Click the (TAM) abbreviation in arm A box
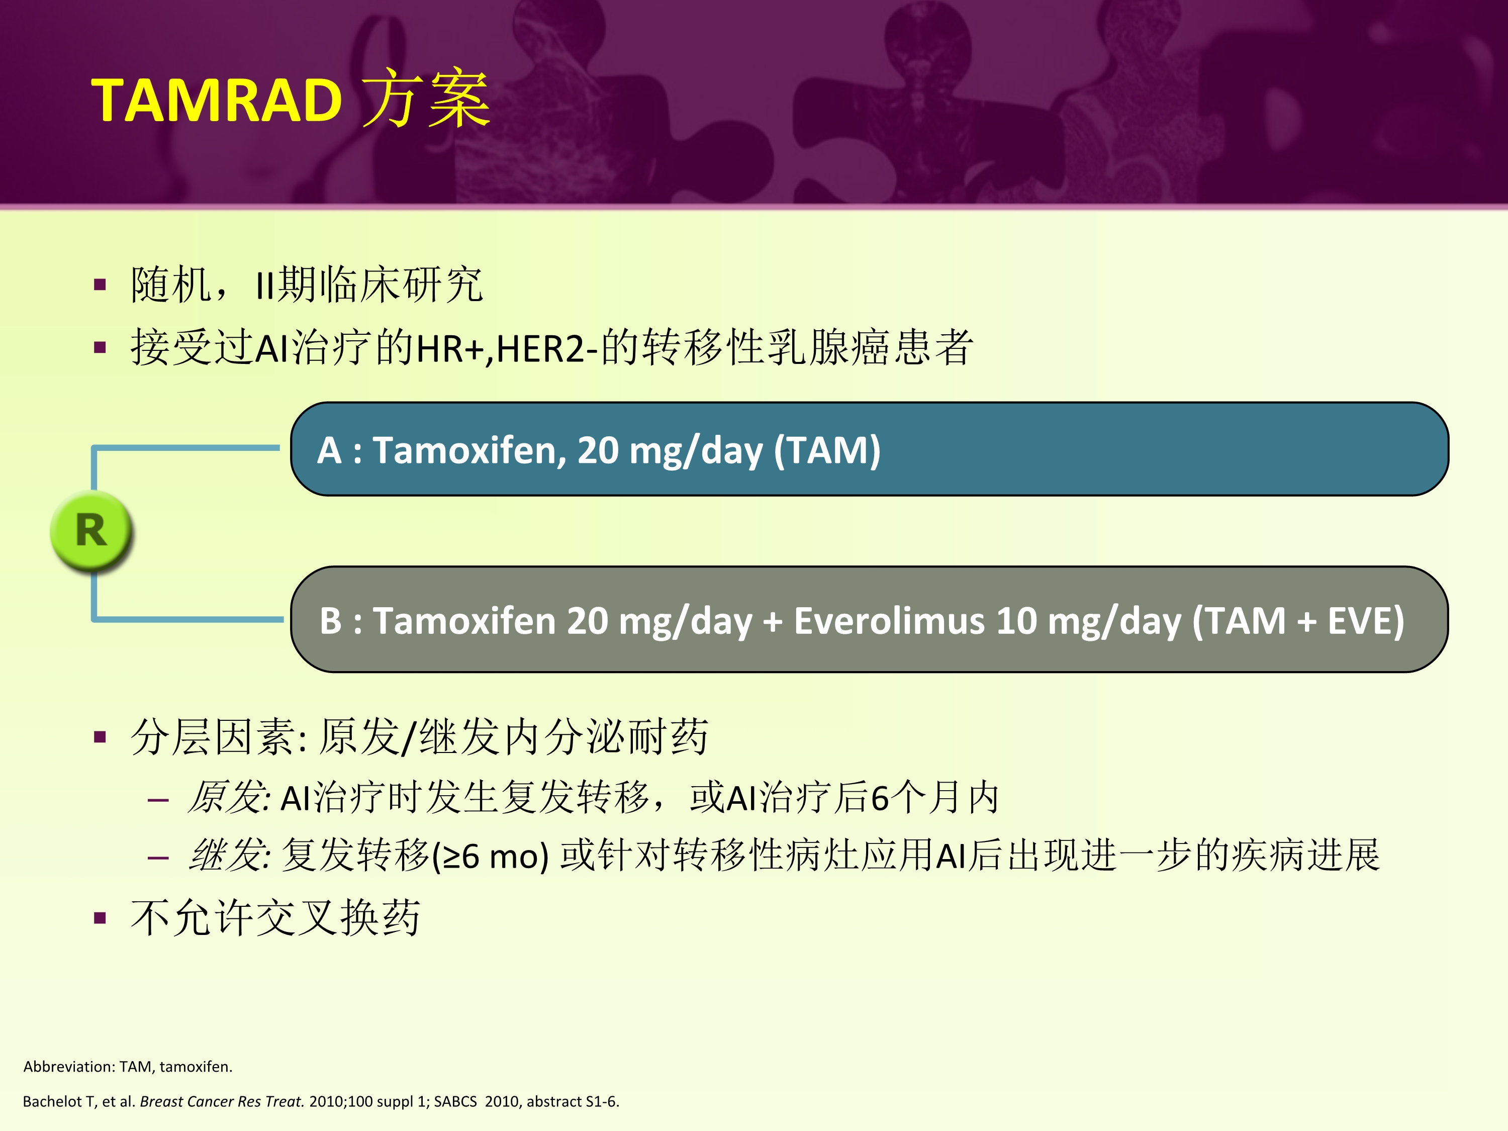(x=827, y=450)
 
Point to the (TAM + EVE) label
(x=1298, y=621)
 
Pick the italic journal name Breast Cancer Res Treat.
(x=222, y=1101)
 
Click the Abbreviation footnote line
(x=128, y=1066)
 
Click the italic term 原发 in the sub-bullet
(x=228, y=797)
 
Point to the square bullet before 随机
(x=100, y=285)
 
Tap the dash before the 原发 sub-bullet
(x=158, y=799)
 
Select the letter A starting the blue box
(x=329, y=450)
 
